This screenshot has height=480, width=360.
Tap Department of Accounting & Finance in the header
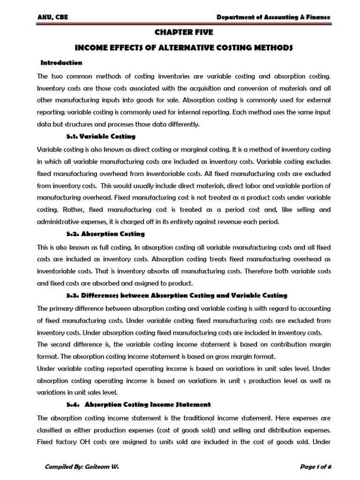click(273, 17)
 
